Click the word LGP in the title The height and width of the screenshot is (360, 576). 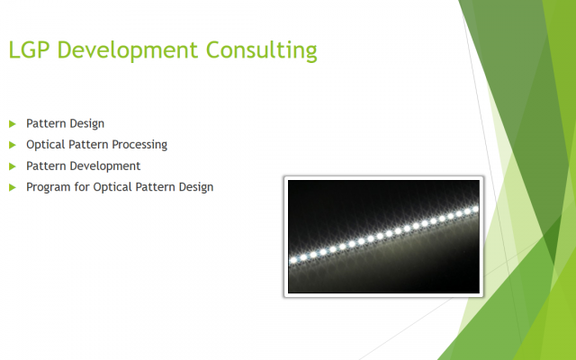(29, 49)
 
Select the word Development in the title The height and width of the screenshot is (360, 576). (128, 50)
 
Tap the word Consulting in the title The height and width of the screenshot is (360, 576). (262, 50)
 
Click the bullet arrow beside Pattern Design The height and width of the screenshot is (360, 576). (13, 124)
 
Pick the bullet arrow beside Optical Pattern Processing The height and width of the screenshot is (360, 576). (13, 145)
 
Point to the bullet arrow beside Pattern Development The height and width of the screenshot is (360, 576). (13, 166)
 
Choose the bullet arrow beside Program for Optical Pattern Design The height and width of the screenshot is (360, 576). (13, 187)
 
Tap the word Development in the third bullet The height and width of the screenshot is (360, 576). (105, 166)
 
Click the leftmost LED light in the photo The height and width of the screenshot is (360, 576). (293, 260)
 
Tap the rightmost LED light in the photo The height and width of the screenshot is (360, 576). (475, 209)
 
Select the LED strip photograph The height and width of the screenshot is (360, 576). (384, 237)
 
